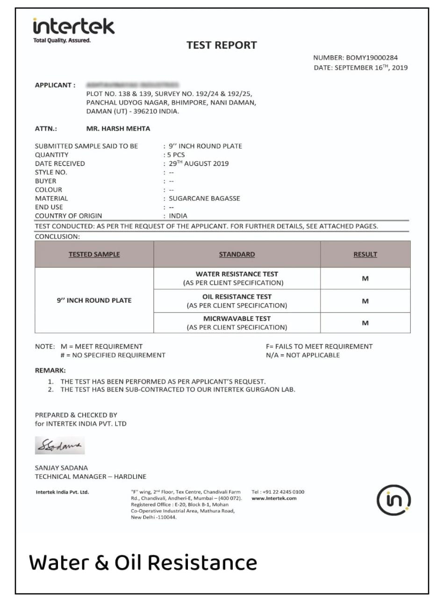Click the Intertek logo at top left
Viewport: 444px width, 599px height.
[x=73, y=29]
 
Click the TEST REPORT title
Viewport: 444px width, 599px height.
[x=222, y=45]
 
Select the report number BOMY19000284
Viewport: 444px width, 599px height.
[x=372, y=58]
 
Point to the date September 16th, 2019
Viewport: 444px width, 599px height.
[x=372, y=67]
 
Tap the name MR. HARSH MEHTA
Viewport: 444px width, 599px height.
[x=118, y=128]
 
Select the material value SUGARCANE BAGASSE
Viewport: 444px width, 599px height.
[x=204, y=198]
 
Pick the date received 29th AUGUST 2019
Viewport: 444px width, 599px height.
[x=199, y=163]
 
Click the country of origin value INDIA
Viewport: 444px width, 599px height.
[x=178, y=216]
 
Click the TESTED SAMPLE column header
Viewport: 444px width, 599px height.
[x=94, y=255]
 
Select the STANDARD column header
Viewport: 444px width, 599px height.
[x=237, y=255]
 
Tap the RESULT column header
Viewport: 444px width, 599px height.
[x=365, y=255]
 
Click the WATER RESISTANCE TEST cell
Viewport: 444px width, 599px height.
[x=236, y=274]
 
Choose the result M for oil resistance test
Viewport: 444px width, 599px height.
[x=365, y=301]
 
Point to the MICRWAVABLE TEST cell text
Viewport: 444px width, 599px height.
[x=236, y=319]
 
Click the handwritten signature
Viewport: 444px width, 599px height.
[x=59, y=445]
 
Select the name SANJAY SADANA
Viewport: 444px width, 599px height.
[x=61, y=468]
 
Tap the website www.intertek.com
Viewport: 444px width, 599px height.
[x=274, y=498]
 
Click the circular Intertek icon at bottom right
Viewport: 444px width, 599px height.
[x=394, y=500]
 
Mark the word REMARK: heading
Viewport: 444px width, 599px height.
[x=50, y=370]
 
